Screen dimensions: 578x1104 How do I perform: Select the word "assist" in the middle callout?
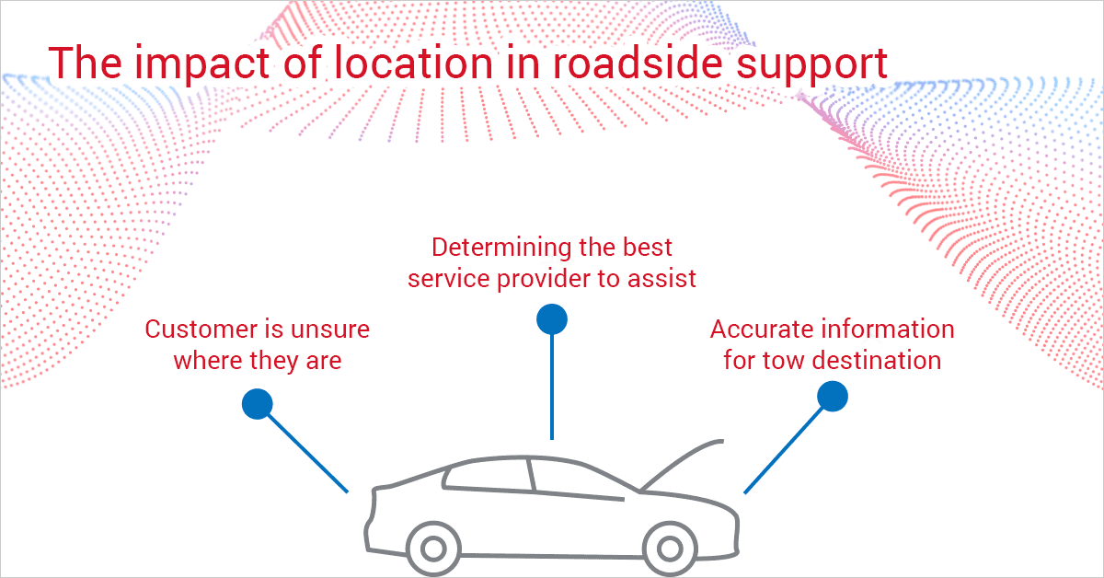[x=664, y=278]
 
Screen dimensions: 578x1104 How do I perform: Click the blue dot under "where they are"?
[x=257, y=403]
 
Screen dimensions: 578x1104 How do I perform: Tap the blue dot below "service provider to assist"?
[x=551, y=319]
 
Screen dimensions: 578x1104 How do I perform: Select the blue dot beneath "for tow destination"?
[x=832, y=395]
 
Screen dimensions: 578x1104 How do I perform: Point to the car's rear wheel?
[x=431, y=549]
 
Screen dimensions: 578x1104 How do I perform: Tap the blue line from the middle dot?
[x=551, y=387]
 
